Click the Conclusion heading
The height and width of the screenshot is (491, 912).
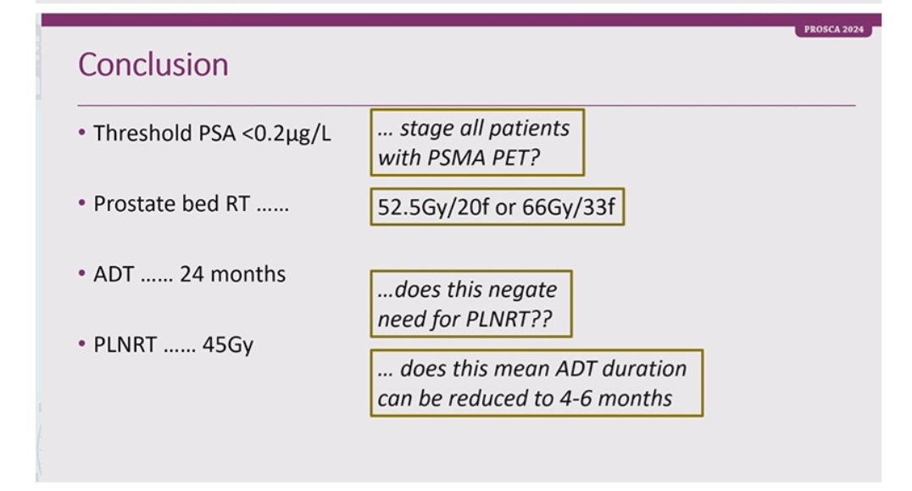(153, 64)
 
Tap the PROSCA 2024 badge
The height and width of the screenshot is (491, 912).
(833, 29)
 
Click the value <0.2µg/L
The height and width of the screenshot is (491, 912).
(286, 134)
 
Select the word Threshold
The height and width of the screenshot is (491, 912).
(143, 133)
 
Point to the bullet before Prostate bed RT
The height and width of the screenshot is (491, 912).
(82, 203)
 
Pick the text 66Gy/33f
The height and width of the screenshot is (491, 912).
(568, 207)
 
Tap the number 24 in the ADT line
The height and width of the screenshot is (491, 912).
(192, 274)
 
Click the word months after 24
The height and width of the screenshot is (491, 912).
(247, 274)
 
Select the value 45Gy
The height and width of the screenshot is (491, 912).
(227, 345)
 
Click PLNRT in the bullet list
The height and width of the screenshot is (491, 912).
(125, 344)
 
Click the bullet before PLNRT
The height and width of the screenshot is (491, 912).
(82, 343)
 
